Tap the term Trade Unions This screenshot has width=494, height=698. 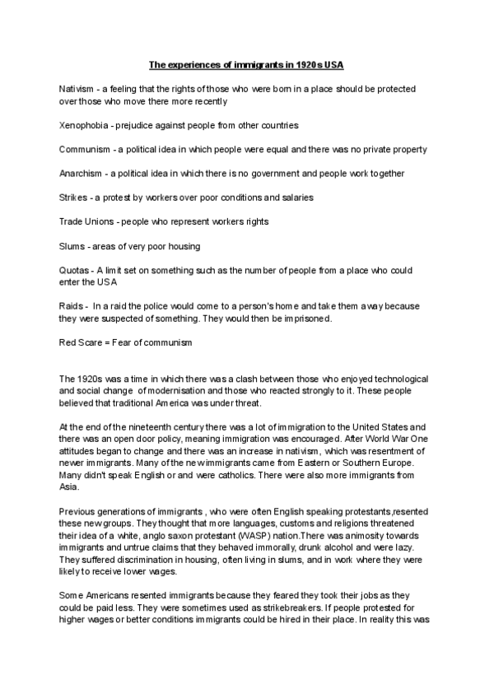click(x=87, y=222)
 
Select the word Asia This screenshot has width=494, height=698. click(x=68, y=486)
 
